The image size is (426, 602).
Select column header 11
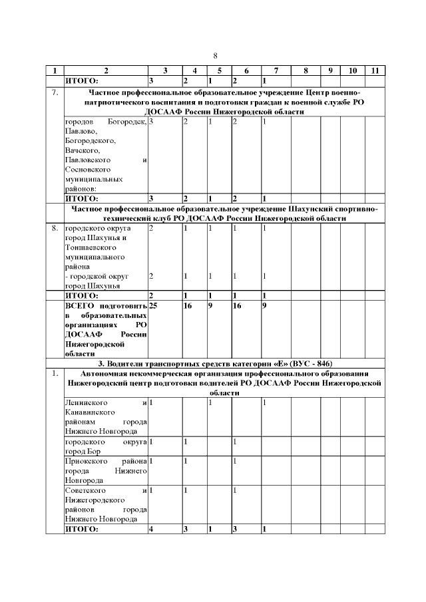click(x=375, y=71)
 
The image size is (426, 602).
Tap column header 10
click(x=353, y=71)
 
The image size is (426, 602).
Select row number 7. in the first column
click(x=55, y=92)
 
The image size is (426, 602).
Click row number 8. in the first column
click(x=55, y=228)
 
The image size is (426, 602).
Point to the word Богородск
click(x=128, y=122)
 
